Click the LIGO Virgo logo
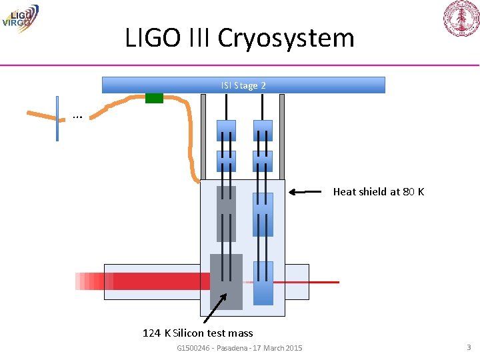pyautogui.click(x=20, y=17)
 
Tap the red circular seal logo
pyautogui.click(x=461, y=19)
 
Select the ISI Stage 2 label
pyautogui.click(x=243, y=85)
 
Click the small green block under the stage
pyautogui.click(x=154, y=98)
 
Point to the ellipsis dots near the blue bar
pyautogui.click(x=77, y=117)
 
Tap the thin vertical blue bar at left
pyautogui.click(x=57, y=119)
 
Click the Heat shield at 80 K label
pyautogui.click(x=378, y=192)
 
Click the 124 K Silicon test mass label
pyautogui.click(x=198, y=333)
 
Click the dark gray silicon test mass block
pyautogui.click(x=226, y=281)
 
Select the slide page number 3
pyautogui.click(x=469, y=347)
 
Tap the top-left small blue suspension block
pyautogui.click(x=226, y=130)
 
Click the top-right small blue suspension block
pyautogui.click(x=263, y=130)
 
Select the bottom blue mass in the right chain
pyautogui.click(x=263, y=283)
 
